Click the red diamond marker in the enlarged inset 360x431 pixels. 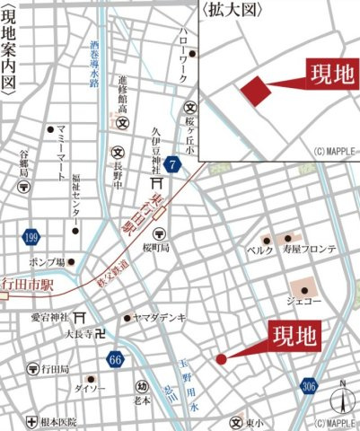pyautogui.click(x=254, y=91)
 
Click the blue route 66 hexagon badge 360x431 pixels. pyautogui.click(x=114, y=360)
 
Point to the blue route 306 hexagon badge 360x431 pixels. pyautogui.click(x=310, y=386)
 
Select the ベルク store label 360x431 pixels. pyautogui.click(x=259, y=251)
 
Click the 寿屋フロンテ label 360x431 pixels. pyautogui.click(x=310, y=251)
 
